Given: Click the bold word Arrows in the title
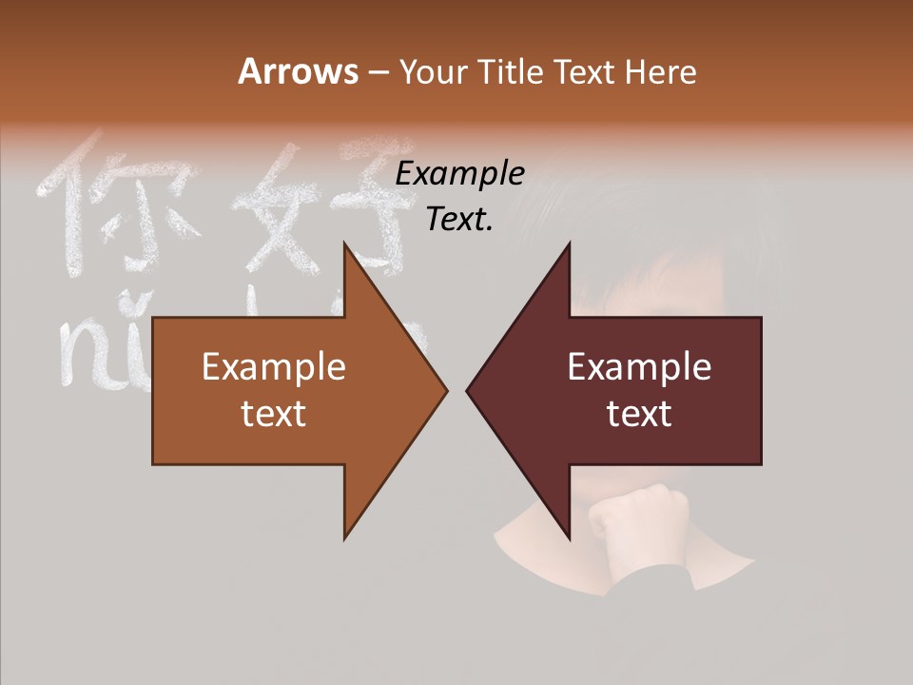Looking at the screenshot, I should (297, 71).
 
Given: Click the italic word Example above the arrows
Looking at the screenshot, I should (459, 173).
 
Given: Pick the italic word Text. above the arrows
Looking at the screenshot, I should (459, 219).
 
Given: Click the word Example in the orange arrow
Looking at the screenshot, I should (273, 367).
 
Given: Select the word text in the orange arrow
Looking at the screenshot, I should (273, 414).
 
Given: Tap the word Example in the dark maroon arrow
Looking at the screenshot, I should (639, 367).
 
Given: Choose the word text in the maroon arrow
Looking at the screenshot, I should (639, 414).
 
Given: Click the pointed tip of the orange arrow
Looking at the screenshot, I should (445, 390).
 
